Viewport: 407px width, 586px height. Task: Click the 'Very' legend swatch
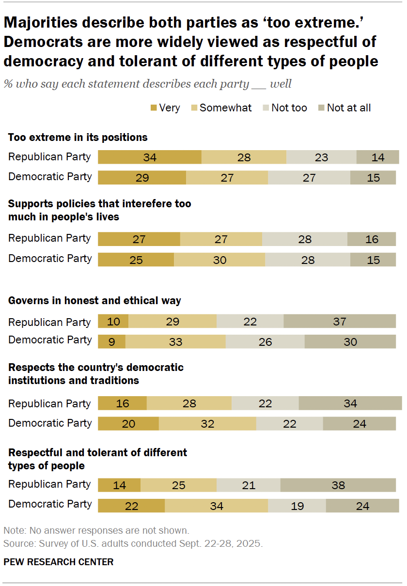154,108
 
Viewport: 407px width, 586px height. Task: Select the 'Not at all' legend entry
348,108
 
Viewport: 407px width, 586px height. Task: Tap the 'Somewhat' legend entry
225,108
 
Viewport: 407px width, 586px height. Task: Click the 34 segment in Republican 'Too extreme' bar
149,157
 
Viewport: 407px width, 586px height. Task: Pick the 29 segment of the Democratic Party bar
142,178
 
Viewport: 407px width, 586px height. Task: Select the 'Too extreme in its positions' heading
78,138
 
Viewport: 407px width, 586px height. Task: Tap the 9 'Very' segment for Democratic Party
111,341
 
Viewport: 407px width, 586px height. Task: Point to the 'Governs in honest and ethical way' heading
94,301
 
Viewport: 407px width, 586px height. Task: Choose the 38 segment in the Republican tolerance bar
338,485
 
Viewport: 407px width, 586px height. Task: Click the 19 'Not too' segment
297,506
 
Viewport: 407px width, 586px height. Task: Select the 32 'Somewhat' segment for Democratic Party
207,424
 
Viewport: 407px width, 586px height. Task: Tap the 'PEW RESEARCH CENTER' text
58,562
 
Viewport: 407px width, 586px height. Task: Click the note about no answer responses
96,530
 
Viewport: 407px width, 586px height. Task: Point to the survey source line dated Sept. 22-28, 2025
133,543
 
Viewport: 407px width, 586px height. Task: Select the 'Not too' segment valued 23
321,157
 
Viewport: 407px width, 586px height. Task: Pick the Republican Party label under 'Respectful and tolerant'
49,484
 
